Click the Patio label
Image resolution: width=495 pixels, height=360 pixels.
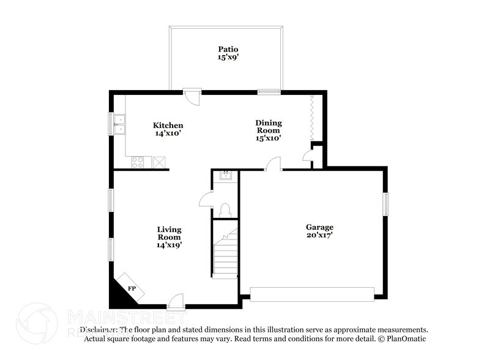click(228, 49)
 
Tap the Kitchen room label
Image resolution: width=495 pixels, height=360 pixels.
click(168, 126)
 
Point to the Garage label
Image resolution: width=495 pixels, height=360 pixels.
click(319, 227)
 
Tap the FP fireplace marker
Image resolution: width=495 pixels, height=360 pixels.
click(132, 288)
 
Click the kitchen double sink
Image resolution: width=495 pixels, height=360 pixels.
click(119, 124)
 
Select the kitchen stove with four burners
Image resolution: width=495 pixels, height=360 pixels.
click(139, 162)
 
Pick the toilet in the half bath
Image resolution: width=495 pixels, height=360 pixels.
click(223, 210)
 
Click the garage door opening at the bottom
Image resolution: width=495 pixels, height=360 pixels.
click(311, 295)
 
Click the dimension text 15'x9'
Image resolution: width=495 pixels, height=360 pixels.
click(228, 58)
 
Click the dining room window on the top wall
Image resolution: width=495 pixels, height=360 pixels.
click(269, 92)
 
